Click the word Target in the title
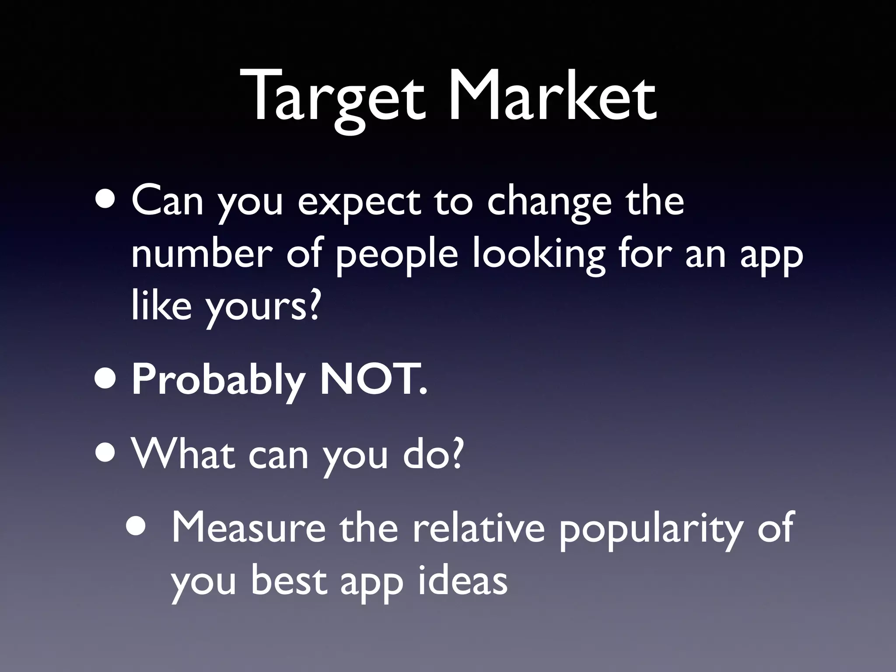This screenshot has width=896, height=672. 337,97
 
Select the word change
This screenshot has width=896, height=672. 549,203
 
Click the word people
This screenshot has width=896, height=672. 396,256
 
